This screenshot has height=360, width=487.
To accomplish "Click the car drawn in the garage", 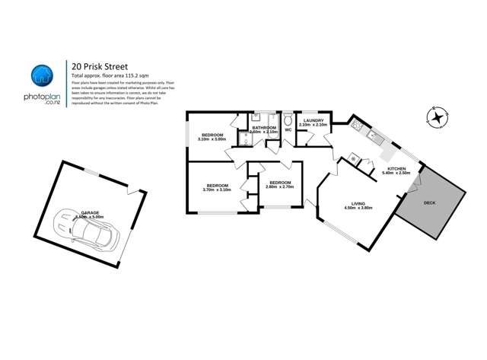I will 85,228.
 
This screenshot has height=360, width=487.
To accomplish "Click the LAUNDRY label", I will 314,120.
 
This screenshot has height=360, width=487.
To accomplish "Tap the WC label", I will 288,130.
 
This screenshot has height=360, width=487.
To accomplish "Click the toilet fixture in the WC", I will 288,120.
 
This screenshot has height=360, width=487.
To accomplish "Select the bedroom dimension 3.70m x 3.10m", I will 218,190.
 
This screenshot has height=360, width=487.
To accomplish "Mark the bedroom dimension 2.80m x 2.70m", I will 279,186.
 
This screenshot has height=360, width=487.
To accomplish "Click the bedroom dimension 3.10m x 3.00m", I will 213,139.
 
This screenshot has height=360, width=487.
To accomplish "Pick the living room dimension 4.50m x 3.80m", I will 358,208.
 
